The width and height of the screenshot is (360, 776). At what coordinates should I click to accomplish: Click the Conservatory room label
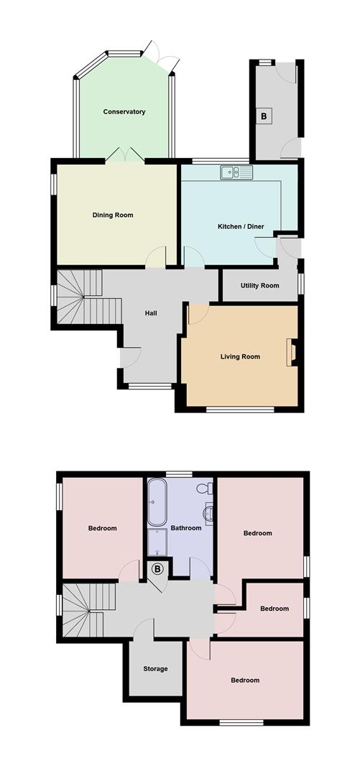point(124,112)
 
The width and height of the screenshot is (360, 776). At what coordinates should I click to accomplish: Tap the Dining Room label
point(113,215)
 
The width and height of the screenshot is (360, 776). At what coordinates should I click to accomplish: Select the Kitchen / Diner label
point(241,227)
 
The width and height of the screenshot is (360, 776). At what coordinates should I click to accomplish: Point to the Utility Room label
point(260,286)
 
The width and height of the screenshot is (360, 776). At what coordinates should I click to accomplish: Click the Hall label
point(151,313)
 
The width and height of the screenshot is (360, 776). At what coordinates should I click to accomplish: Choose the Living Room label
point(240,356)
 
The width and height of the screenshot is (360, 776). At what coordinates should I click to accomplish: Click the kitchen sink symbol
point(236,172)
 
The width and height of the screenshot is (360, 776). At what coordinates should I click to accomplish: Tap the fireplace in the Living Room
point(293,353)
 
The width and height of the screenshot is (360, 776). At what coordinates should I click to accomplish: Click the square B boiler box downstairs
point(264,116)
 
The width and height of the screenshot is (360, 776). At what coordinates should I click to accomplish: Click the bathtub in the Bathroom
point(157,503)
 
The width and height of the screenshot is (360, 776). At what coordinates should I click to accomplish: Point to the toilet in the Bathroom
point(204,489)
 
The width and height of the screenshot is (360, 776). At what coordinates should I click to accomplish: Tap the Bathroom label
point(186,528)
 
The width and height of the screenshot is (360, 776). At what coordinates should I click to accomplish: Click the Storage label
point(155,669)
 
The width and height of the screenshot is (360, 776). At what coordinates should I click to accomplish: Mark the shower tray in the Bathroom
point(157,544)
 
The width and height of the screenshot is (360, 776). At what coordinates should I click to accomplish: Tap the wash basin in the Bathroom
point(208,514)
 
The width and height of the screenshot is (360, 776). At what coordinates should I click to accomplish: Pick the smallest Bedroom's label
point(274,609)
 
